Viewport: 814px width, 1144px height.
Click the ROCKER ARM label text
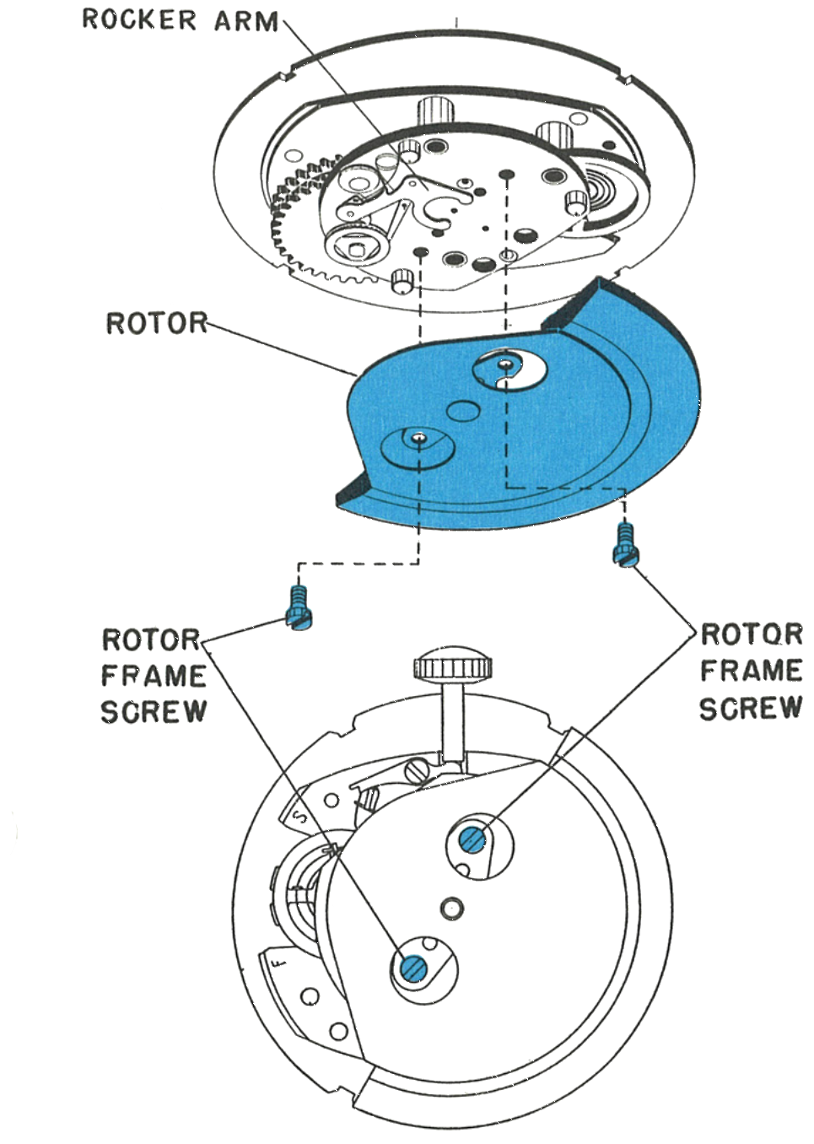pyautogui.click(x=181, y=20)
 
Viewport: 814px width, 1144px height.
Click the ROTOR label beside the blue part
pyautogui.click(x=157, y=323)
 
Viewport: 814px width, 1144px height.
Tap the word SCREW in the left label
pyautogui.click(x=154, y=711)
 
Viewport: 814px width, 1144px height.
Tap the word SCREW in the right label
pyautogui.click(x=751, y=708)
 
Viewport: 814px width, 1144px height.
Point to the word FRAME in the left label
pyautogui.click(x=154, y=676)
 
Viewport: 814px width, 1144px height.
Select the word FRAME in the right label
pyautogui.click(x=751, y=671)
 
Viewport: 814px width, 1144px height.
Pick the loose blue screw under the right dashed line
pyautogui.click(x=625, y=544)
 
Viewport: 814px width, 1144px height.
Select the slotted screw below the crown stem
pyautogui.click(x=416, y=770)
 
